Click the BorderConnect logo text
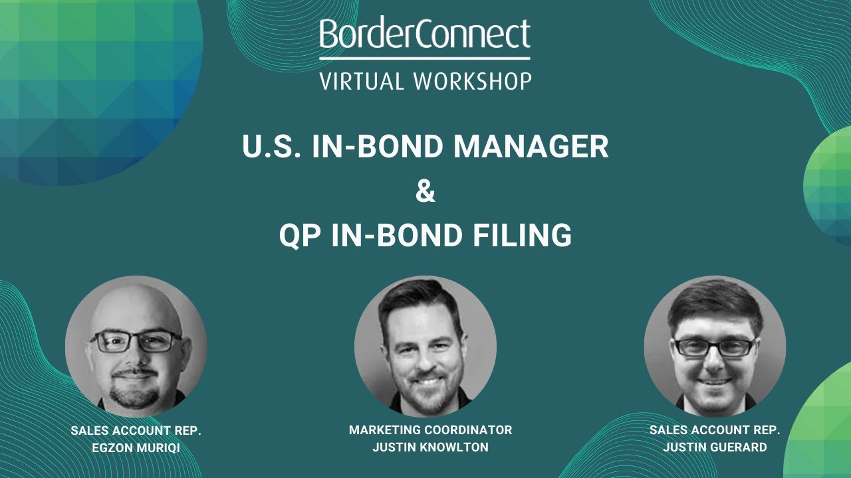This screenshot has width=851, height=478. pyautogui.click(x=425, y=35)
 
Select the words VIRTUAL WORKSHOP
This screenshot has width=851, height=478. pyautogui.click(x=425, y=81)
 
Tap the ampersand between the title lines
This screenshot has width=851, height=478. pyautogui.click(x=425, y=192)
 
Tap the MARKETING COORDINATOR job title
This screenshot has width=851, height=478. pyautogui.click(x=430, y=430)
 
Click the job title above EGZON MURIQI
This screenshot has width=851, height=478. pyautogui.click(x=136, y=431)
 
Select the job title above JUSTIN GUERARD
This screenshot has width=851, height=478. pyautogui.click(x=715, y=430)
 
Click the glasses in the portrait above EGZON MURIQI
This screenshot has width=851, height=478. pyautogui.click(x=136, y=341)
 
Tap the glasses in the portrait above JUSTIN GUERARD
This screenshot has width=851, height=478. pyautogui.click(x=715, y=346)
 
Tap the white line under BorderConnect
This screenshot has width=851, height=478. pyautogui.click(x=425, y=58)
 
